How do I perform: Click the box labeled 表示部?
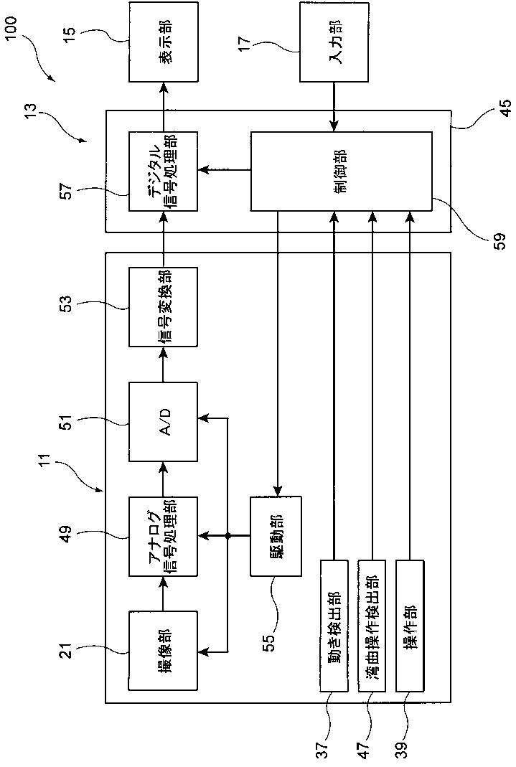[x=164, y=42]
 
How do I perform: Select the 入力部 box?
[x=334, y=42]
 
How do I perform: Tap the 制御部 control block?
[x=341, y=171]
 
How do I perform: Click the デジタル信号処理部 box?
[x=164, y=171]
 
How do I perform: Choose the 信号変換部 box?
[x=164, y=307]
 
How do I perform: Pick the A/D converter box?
[x=164, y=422]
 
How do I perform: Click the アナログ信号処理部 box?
[x=164, y=537]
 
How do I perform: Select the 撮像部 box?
[x=164, y=651]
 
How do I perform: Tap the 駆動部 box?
[x=276, y=537]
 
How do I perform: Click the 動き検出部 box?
[x=334, y=626]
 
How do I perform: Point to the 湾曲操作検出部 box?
[x=372, y=626]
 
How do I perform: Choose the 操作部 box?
[x=409, y=626]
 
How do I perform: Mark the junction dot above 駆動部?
[x=227, y=537]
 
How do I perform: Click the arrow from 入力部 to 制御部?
[x=334, y=107]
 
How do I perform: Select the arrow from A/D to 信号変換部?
[x=164, y=365]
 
